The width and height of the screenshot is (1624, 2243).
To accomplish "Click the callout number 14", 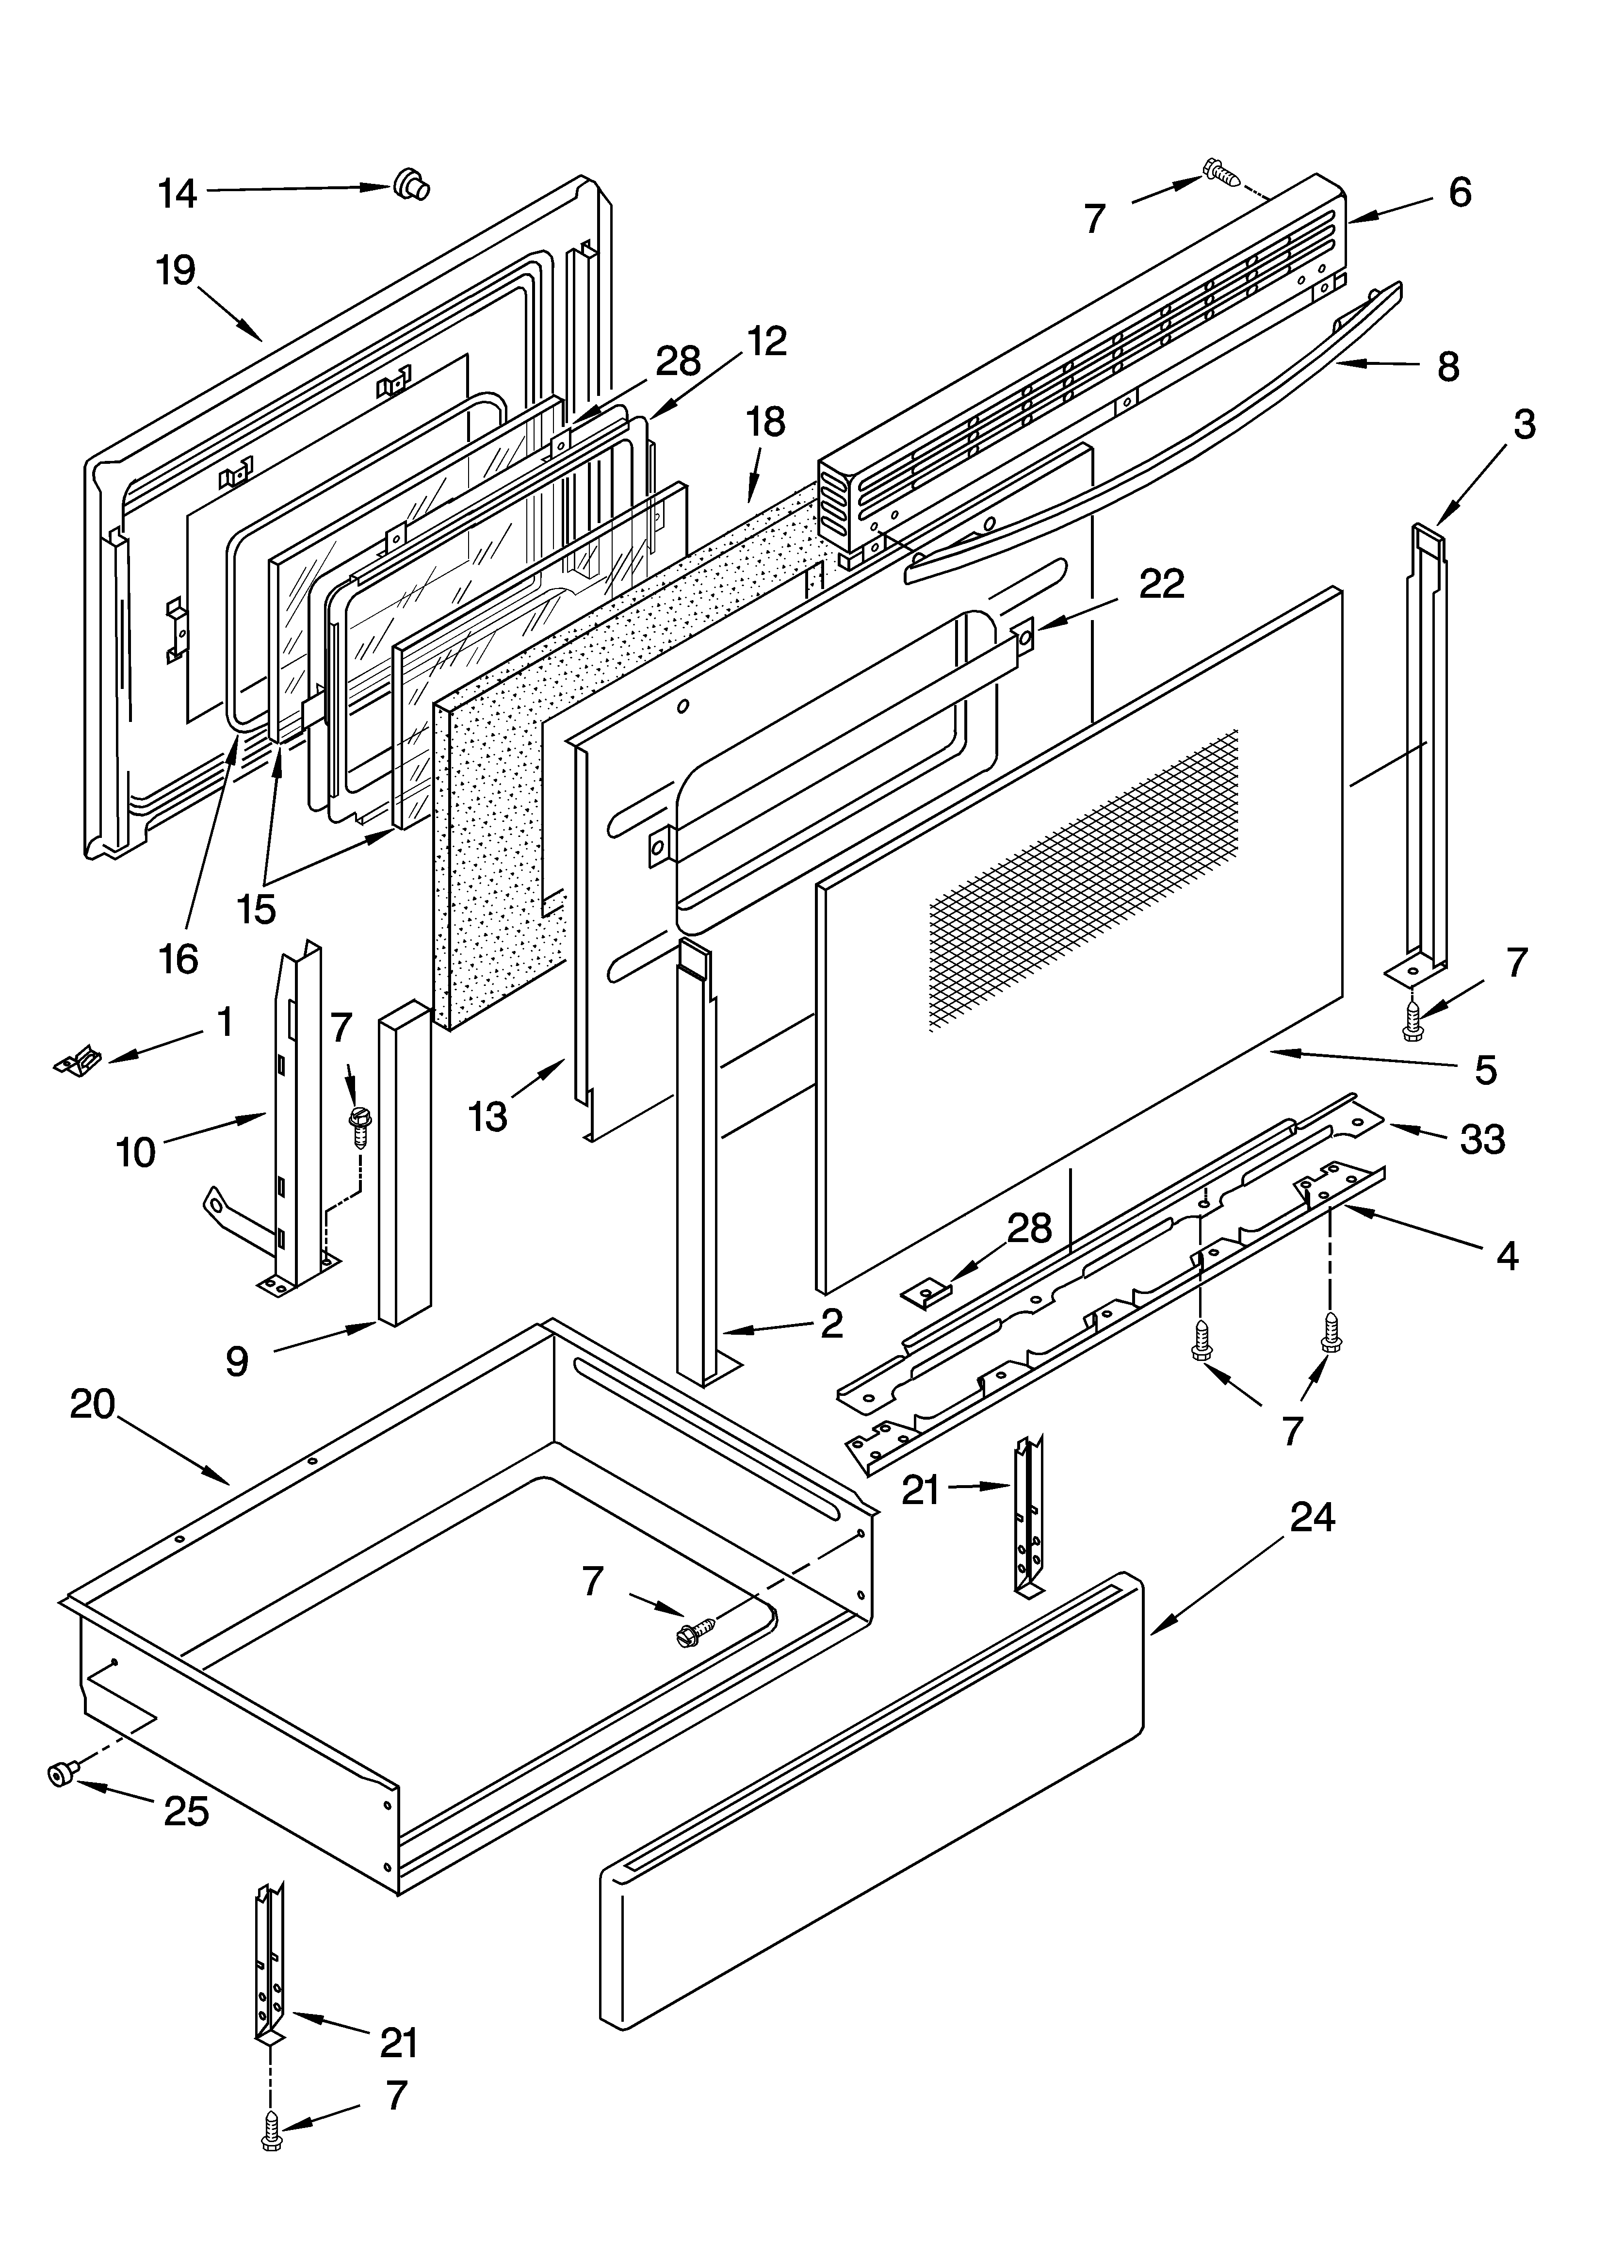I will [178, 194].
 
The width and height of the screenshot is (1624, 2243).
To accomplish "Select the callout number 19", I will [176, 270].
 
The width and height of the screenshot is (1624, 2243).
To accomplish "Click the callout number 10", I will [136, 1152].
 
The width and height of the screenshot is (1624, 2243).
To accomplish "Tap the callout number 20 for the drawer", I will [93, 1404].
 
